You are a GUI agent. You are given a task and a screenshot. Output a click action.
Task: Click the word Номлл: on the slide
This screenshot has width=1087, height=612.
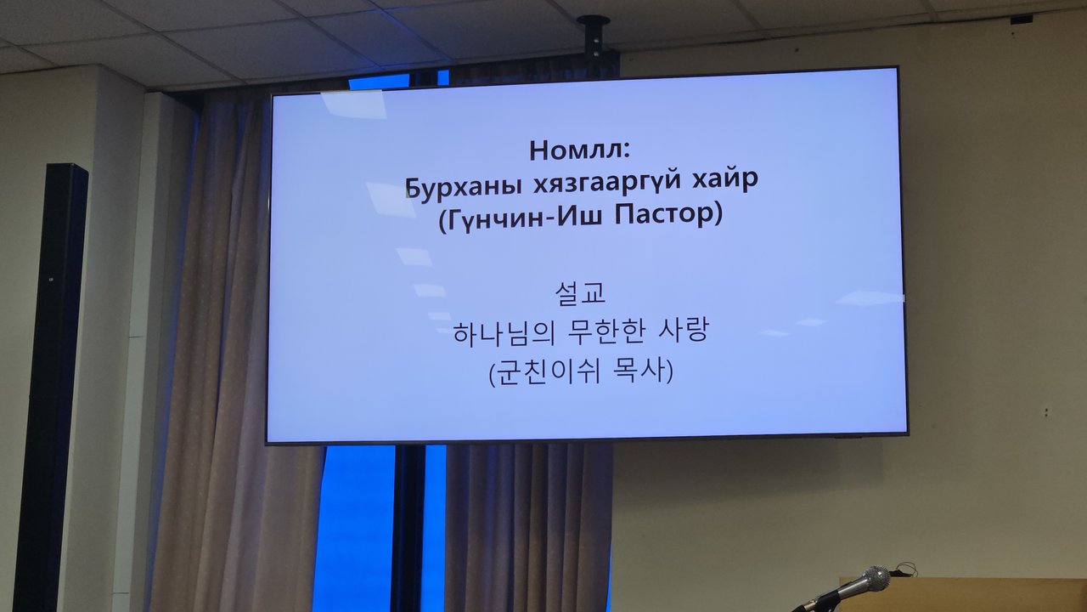tap(580, 150)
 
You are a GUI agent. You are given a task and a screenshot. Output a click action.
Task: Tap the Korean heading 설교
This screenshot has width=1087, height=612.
tap(580, 293)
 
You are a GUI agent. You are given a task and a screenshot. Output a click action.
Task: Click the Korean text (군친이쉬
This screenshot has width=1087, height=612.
tap(544, 373)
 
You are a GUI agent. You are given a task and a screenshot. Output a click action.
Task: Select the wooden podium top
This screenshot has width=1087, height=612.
tap(963, 594)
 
